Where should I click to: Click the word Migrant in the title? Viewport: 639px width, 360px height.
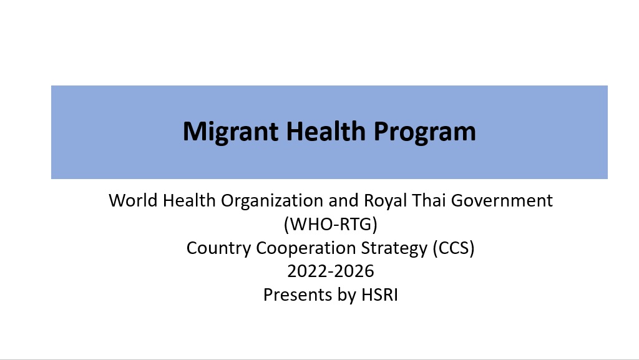click(231, 132)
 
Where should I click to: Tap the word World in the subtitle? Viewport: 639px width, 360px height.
click(134, 200)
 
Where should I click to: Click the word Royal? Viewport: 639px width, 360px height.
click(385, 201)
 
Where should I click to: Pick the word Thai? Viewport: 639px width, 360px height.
click(429, 200)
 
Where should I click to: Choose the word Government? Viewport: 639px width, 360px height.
click(502, 200)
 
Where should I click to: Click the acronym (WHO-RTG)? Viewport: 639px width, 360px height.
click(331, 225)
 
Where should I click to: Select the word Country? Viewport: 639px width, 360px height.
click(218, 248)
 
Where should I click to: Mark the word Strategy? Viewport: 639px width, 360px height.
click(394, 248)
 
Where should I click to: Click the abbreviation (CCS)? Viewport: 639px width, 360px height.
click(454, 248)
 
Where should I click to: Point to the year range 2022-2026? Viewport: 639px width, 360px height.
click(331, 271)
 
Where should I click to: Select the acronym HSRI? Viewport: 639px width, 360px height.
click(379, 295)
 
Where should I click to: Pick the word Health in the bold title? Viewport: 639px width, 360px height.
click(326, 131)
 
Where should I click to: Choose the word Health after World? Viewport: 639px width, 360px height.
click(189, 200)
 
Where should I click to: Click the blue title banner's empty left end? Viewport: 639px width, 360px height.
click(114, 132)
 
